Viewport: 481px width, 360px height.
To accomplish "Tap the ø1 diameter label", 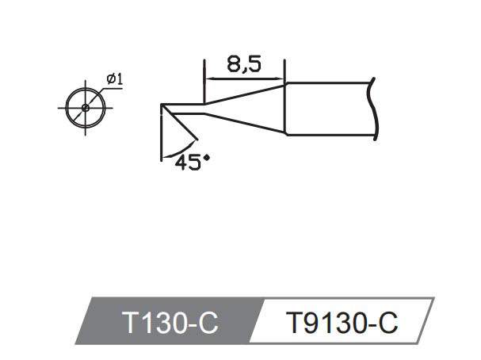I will [113, 79].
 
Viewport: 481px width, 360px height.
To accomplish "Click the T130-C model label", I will [170, 323].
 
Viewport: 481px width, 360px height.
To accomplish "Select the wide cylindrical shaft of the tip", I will [329, 108].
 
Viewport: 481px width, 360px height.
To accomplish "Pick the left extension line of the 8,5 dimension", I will [204, 75].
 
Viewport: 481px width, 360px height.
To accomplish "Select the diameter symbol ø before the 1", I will [109, 79].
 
